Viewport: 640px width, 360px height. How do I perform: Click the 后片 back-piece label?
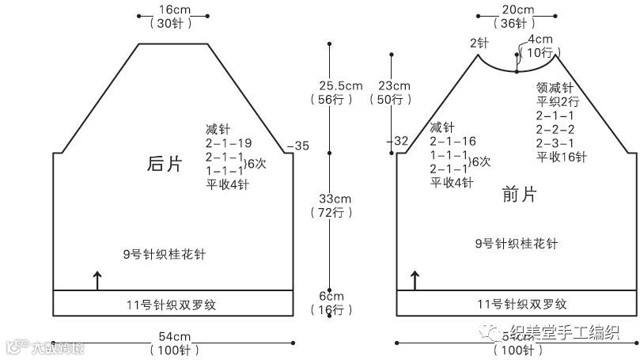(x=165, y=164)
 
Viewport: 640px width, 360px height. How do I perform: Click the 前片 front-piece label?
(x=520, y=194)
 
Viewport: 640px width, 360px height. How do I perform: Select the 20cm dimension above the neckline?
(x=517, y=9)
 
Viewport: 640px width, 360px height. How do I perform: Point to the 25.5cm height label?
(x=341, y=85)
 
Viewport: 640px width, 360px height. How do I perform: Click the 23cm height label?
(x=394, y=85)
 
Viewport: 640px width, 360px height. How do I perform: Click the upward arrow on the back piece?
(x=97, y=280)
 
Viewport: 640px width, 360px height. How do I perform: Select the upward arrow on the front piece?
(x=415, y=280)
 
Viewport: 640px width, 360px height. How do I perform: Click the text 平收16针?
(x=562, y=157)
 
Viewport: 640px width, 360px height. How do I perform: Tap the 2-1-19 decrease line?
(x=229, y=144)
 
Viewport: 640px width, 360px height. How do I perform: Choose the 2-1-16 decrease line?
(x=453, y=142)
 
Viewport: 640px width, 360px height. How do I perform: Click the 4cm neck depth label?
(x=540, y=39)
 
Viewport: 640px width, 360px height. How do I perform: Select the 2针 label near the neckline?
(x=479, y=42)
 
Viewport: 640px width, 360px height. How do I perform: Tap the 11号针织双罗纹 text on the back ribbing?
(x=171, y=303)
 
